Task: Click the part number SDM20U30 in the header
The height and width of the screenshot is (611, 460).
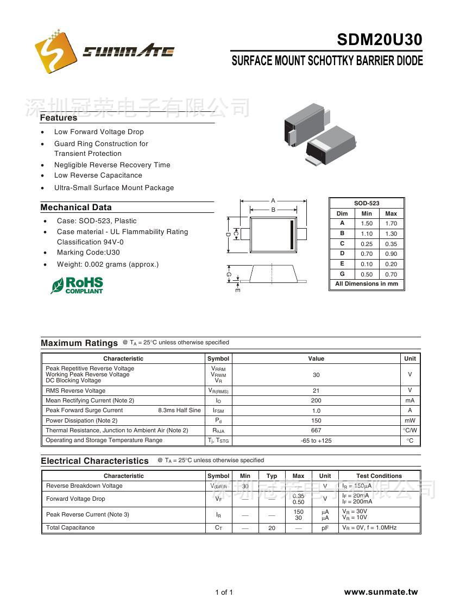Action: click(x=379, y=40)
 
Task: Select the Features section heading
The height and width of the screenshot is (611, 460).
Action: click(x=59, y=118)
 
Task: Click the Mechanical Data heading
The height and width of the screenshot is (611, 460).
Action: click(x=76, y=207)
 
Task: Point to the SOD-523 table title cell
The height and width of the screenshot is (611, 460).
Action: click(x=367, y=203)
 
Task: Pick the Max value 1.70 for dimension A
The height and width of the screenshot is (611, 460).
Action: click(x=391, y=223)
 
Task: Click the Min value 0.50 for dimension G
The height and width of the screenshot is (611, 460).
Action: click(x=367, y=274)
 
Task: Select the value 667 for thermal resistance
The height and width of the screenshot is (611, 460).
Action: click(x=316, y=430)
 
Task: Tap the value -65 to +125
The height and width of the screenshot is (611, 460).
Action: click(x=316, y=440)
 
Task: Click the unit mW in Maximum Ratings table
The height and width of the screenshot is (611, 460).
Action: click(x=409, y=420)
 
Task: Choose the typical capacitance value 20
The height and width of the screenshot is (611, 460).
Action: click(x=272, y=528)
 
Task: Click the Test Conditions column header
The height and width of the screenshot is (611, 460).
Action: click(x=379, y=476)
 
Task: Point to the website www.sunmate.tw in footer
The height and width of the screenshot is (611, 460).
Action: click(x=381, y=592)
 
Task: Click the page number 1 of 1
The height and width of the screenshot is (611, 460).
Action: click(x=224, y=592)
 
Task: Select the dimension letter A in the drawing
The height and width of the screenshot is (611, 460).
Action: click(x=273, y=200)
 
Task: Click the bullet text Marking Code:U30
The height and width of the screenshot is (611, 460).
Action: click(x=88, y=253)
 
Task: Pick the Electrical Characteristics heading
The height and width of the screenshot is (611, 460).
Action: click(x=94, y=461)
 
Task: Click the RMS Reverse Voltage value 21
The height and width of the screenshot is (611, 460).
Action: click(x=316, y=390)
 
